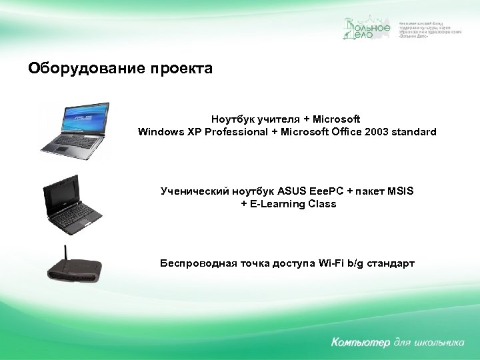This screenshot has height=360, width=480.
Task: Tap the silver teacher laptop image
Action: click(x=75, y=130)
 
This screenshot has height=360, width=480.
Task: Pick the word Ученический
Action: click(x=193, y=191)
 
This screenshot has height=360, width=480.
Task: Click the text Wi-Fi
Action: click(x=326, y=263)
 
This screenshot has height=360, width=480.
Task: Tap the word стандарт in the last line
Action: click(x=390, y=263)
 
